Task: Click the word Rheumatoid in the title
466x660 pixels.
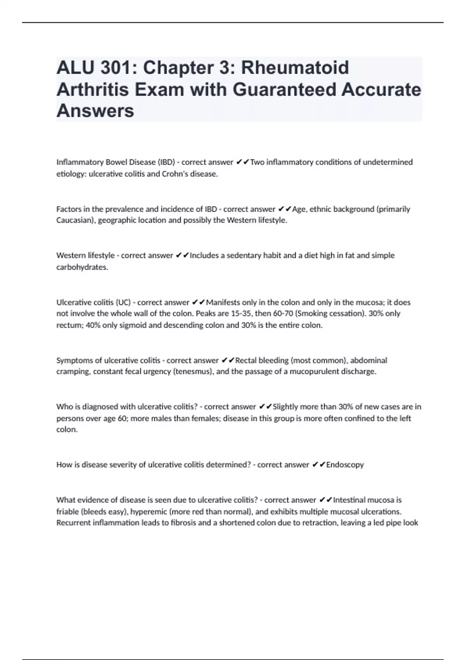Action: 295,68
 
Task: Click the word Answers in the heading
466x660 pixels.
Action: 95,111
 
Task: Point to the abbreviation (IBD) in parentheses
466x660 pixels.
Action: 166,162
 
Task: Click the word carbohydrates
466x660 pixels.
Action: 82,267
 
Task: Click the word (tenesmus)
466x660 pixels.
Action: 193,372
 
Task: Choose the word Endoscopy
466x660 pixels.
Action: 345,465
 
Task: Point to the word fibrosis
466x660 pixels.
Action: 183,523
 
